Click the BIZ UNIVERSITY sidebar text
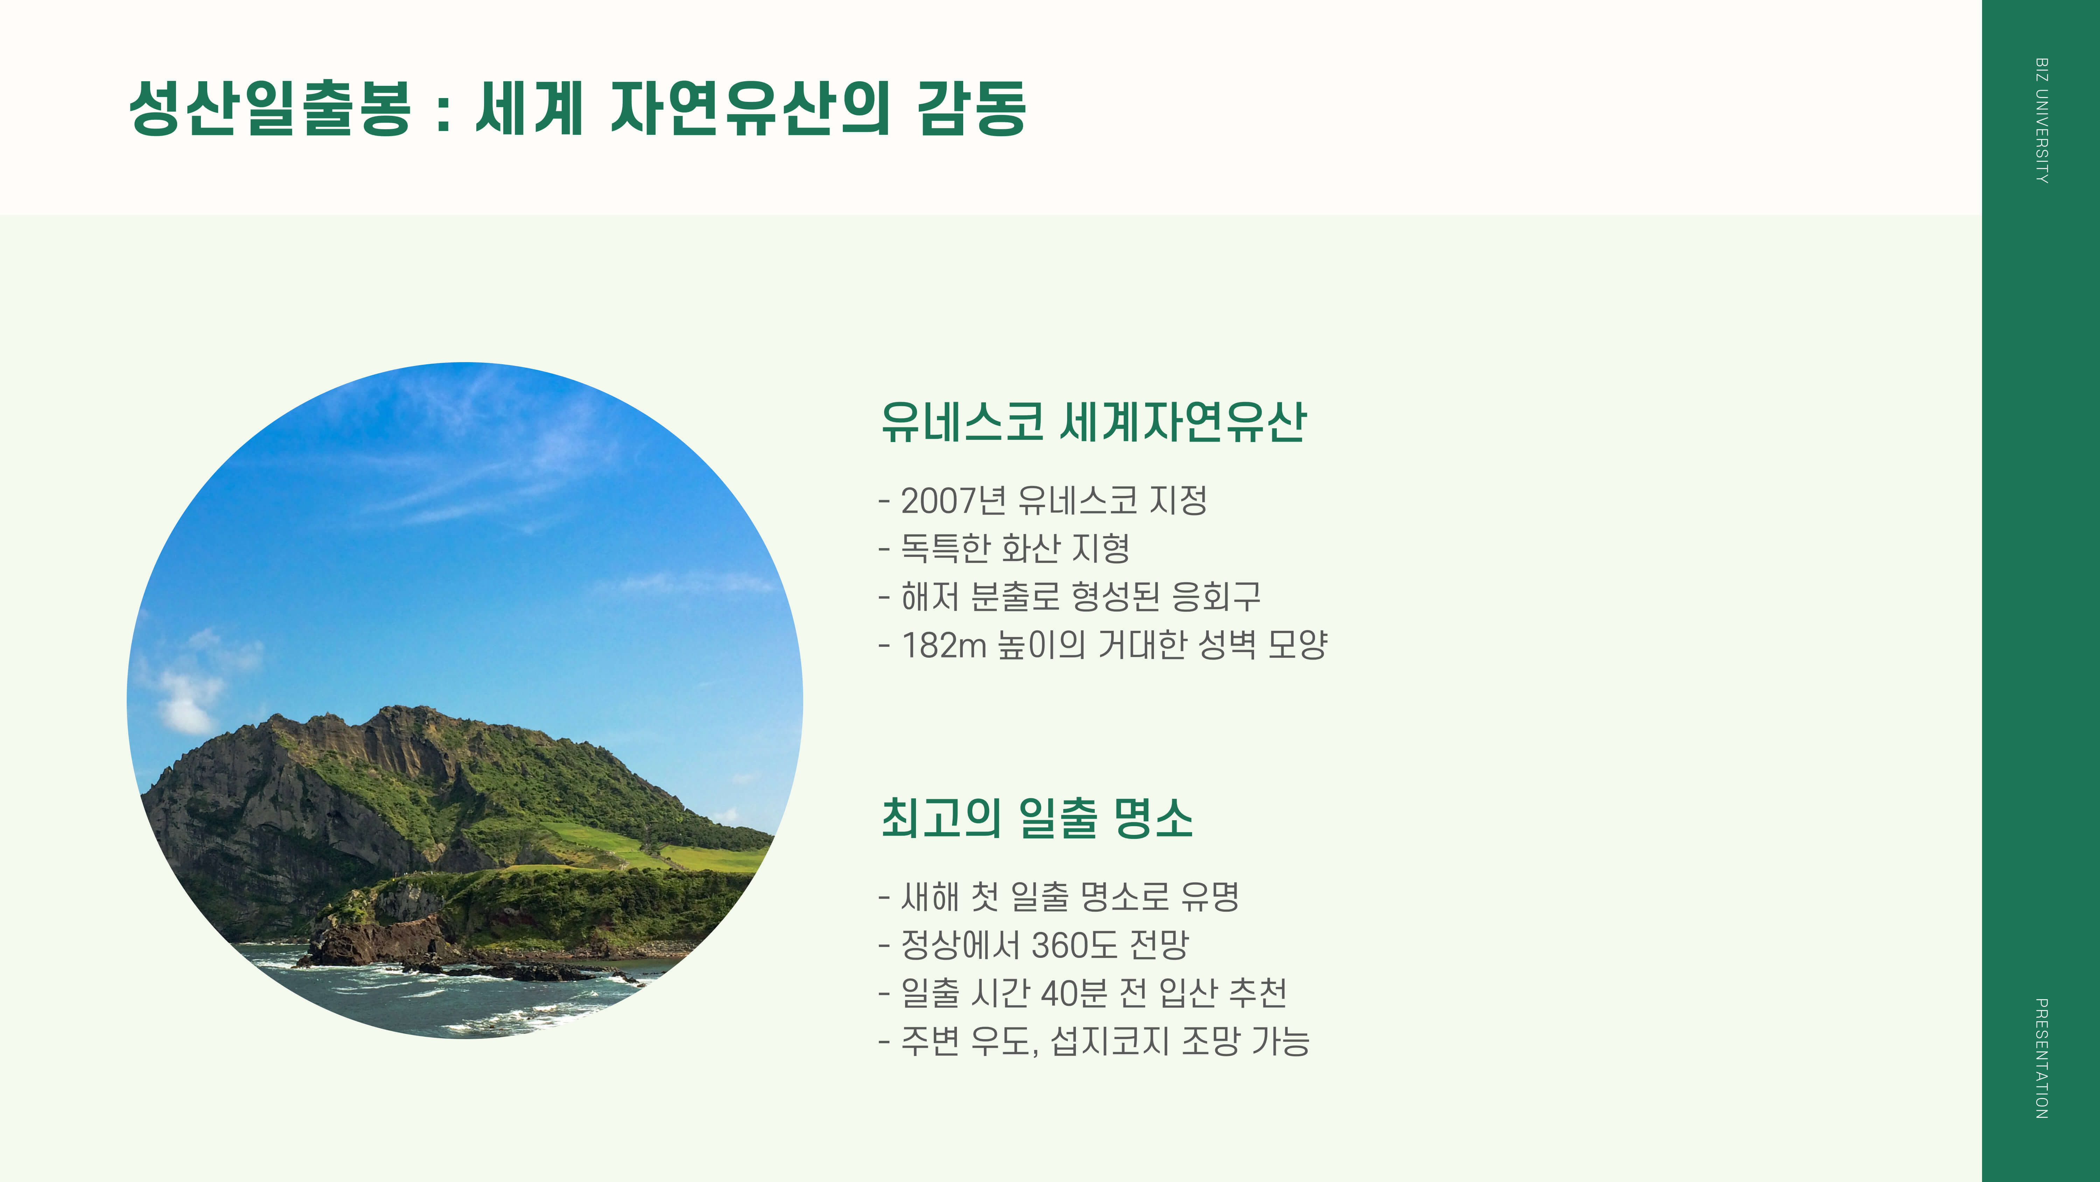point(2041,121)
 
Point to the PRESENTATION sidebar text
point(2041,1058)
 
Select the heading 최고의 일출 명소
point(1037,818)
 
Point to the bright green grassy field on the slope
point(619,840)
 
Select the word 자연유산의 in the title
point(750,108)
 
